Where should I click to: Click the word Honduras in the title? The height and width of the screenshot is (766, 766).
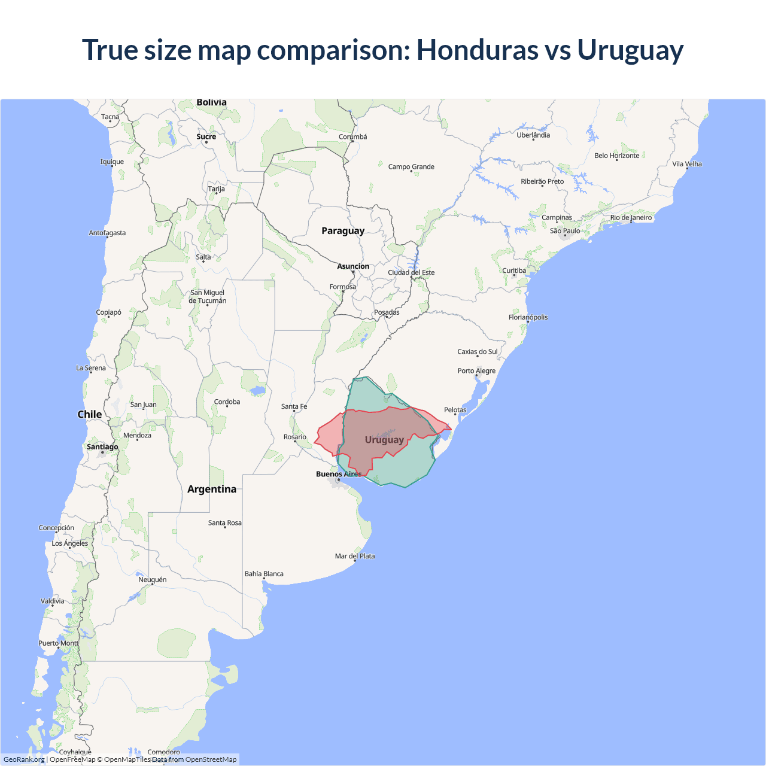[477, 50]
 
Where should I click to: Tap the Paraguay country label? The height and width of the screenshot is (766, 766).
[343, 231]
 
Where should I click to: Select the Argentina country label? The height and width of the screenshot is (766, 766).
[212, 490]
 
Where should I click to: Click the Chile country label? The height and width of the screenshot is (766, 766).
[90, 415]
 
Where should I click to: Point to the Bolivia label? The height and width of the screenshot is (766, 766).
[212, 103]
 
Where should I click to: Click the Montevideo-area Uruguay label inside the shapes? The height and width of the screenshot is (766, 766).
[384, 440]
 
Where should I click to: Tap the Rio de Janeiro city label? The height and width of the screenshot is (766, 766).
[631, 218]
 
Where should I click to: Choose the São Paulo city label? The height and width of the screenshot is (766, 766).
[565, 231]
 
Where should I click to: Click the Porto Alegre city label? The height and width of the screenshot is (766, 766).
[476, 371]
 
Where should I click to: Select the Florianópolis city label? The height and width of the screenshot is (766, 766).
[528, 318]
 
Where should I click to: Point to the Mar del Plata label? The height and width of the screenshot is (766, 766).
[355, 557]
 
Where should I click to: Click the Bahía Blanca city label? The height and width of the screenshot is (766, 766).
[264, 574]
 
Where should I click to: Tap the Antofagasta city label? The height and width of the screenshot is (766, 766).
[107, 233]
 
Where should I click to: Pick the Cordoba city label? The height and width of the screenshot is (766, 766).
[227, 402]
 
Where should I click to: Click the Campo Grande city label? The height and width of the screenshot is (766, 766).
[411, 167]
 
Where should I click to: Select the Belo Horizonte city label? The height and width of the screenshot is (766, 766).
[616, 156]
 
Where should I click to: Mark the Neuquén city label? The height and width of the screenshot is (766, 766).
[153, 580]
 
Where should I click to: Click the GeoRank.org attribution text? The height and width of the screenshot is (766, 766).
[24, 759]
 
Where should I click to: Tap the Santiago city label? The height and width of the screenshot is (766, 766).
[102, 447]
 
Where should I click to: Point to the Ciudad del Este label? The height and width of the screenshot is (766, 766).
[411, 273]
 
